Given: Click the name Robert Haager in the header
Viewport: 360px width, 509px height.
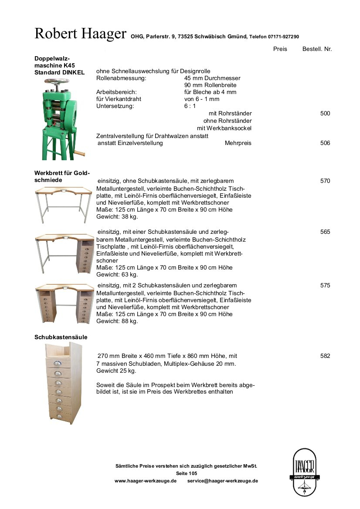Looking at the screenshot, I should [x=80, y=34].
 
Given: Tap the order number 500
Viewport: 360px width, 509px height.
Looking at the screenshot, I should [x=325, y=114].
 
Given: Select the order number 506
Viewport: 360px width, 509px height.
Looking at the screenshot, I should [x=325, y=143].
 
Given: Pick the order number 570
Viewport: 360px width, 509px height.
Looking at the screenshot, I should [x=325, y=181].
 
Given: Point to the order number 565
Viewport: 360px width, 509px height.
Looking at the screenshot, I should [x=325, y=232].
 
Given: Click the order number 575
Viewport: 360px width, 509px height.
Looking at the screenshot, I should [x=325, y=286].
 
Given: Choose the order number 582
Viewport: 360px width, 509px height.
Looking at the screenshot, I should [x=325, y=356].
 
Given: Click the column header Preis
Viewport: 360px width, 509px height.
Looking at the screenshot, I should [x=280, y=49].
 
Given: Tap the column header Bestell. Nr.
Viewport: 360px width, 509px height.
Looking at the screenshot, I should [x=317, y=49].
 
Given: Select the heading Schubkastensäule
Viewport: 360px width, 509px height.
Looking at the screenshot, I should [x=61, y=337].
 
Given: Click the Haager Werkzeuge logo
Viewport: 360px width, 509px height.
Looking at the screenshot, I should [x=304, y=472].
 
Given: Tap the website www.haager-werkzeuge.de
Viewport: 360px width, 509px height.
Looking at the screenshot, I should [x=145, y=481].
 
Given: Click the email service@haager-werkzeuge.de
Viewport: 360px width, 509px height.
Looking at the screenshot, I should [x=223, y=481].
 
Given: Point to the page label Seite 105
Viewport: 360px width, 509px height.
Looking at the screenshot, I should [x=187, y=473].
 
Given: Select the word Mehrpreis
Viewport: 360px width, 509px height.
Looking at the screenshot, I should [x=238, y=143].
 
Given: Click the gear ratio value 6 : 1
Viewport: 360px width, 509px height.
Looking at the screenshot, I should [x=190, y=106].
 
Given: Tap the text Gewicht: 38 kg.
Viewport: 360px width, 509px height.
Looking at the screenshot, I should [x=117, y=217].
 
